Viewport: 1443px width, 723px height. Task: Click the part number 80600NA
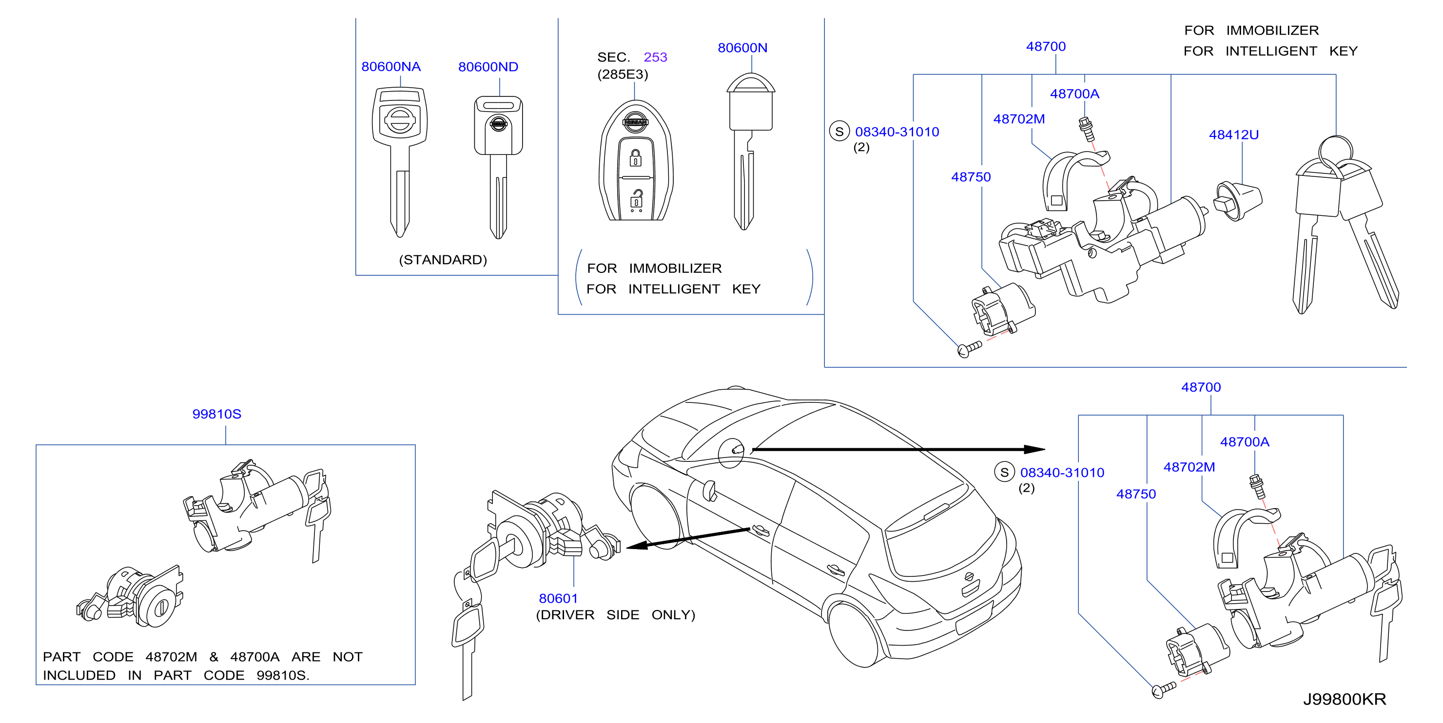[x=390, y=67]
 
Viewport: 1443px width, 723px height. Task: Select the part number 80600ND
[x=488, y=67]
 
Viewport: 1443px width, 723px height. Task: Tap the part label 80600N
[x=742, y=48]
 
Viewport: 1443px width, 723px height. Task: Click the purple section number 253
[x=655, y=57]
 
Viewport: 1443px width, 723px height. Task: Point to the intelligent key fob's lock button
[x=635, y=157]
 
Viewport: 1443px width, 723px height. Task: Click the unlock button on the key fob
[x=636, y=199]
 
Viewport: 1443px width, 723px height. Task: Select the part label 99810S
[x=216, y=414]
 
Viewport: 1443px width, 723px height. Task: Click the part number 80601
[x=558, y=598]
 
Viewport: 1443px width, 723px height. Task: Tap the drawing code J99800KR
[x=1344, y=699]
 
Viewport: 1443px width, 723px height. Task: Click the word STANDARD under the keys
[x=443, y=260]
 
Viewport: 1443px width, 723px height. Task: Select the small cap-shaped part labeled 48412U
[x=1238, y=201]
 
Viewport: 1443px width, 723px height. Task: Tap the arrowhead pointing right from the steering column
[x=1034, y=449]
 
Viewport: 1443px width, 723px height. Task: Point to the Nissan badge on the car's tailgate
[x=969, y=576]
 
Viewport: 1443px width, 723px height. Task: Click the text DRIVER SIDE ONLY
[x=615, y=615]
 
